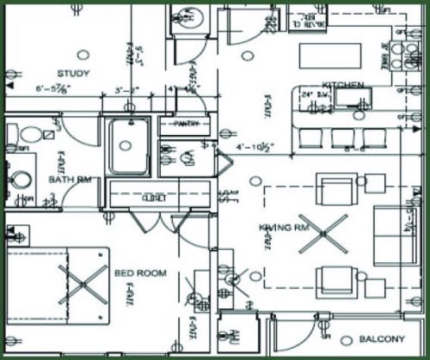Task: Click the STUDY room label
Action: [69, 72]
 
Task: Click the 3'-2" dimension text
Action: [126, 89]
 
